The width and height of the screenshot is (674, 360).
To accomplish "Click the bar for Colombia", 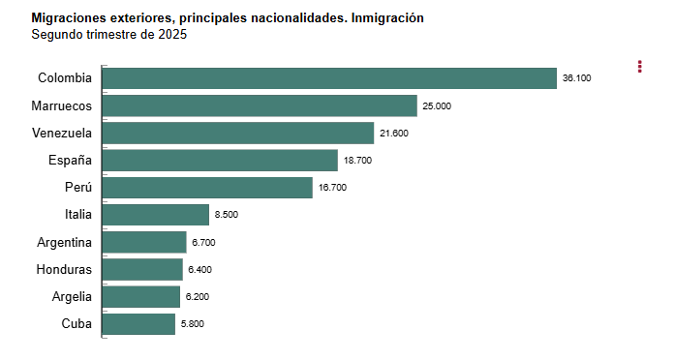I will click(x=329, y=78).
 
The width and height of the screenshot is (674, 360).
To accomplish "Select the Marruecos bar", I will click(x=259, y=105).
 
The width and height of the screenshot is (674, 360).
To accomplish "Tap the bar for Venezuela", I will click(x=237, y=133).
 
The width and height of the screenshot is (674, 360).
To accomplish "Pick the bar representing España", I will click(x=220, y=161).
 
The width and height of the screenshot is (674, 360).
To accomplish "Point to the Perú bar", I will click(x=207, y=188).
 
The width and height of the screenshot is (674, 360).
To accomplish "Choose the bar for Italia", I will click(x=155, y=215).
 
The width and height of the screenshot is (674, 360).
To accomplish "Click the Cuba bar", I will click(x=138, y=324).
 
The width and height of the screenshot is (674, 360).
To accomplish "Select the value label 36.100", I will click(x=576, y=78).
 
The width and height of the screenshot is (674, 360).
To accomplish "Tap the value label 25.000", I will click(x=437, y=105).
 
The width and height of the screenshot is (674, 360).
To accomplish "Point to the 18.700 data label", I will click(x=357, y=161).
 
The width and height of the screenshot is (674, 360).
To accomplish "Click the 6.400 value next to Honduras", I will click(x=199, y=270).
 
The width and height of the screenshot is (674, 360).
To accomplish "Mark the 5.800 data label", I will click(x=192, y=324).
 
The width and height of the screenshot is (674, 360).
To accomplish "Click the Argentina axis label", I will click(x=64, y=242).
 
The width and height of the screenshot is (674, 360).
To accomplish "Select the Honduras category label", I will click(x=64, y=269).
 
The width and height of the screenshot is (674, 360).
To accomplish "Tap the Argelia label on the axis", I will click(x=72, y=296).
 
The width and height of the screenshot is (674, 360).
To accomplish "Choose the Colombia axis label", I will click(x=65, y=78).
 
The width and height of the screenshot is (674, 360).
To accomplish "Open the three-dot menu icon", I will click(x=640, y=66).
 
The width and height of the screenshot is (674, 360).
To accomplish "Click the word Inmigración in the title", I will click(x=385, y=18).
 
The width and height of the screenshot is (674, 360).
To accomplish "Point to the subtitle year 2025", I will click(x=172, y=35).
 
